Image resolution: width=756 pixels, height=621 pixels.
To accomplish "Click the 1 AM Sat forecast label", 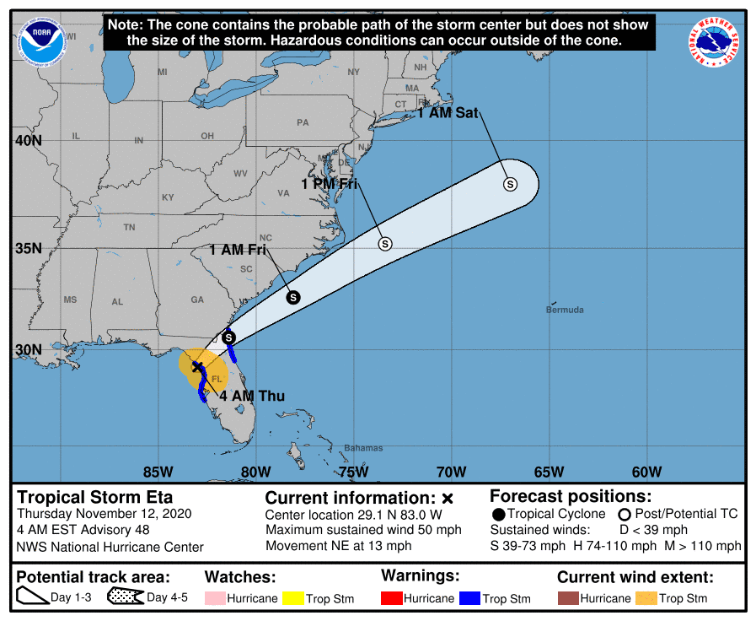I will (x=448, y=112).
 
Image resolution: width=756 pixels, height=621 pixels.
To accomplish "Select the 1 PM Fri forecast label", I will (x=329, y=183).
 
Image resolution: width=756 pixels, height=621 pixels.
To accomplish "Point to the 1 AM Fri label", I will (x=238, y=250).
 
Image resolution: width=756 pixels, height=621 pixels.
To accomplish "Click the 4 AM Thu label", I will (x=252, y=396).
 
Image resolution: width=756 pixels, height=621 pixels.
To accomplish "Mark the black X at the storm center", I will (x=197, y=367).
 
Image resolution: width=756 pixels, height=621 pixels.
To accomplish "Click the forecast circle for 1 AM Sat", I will (x=510, y=184).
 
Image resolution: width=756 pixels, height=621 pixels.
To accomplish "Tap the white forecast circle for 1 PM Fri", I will (x=385, y=244).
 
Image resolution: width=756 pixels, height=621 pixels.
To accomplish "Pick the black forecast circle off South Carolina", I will (x=293, y=297).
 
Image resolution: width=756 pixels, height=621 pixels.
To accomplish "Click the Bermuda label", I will (x=565, y=310).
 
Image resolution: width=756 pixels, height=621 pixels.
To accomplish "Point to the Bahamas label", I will (x=363, y=448).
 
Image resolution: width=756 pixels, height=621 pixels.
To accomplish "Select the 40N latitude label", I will (x=27, y=140).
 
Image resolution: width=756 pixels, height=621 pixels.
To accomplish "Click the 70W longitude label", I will (x=452, y=472).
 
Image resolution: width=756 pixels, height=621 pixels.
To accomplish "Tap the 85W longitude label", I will (x=158, y=472).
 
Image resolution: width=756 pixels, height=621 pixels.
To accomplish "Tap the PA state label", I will (x=303, y=122).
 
